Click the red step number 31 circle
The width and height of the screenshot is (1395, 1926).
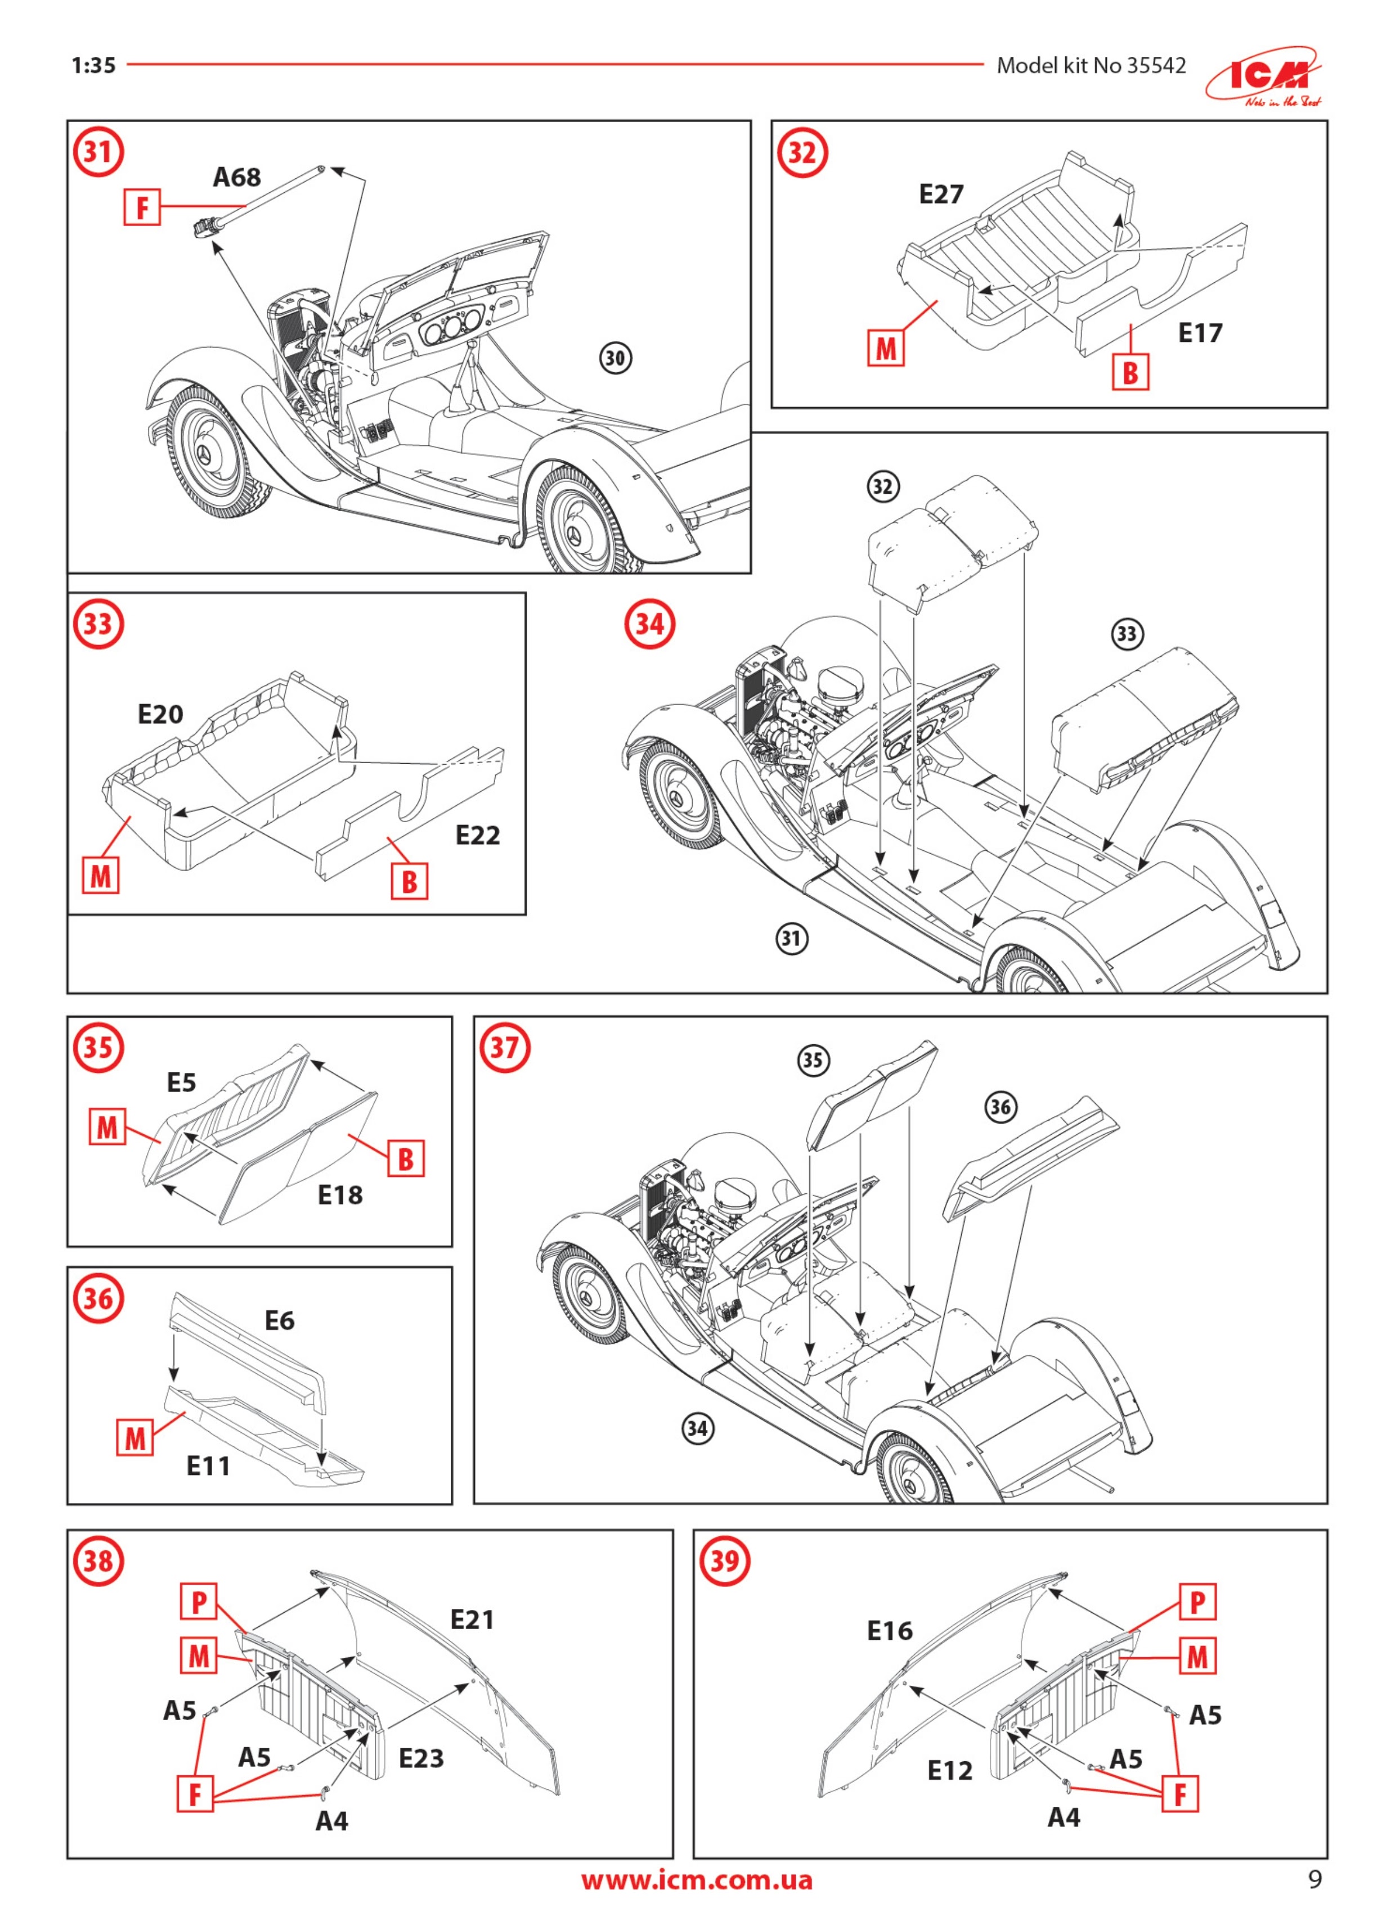coord(98,154)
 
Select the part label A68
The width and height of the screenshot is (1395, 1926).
coord(236,178)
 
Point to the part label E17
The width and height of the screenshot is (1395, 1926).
coord(1200,333)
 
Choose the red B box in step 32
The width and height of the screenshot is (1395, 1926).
coord(1130,372)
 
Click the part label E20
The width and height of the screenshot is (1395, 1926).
coord(160,714)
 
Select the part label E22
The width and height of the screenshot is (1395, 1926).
coord(477,836)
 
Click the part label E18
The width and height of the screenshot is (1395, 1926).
coord(340,1196)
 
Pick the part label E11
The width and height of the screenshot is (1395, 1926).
coord(208,1467)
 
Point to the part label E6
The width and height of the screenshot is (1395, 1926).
coord(280,1320)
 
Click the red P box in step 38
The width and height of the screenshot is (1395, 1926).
coord(199,1602)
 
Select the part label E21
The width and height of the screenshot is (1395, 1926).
coord(472,1620)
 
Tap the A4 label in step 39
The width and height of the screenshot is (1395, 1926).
coord(1064,1817)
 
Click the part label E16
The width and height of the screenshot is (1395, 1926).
coord(890,1630)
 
